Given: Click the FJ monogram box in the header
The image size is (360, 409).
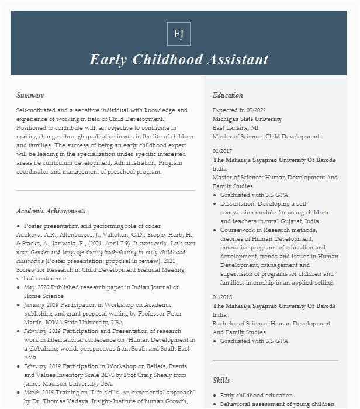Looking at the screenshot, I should point(179,34).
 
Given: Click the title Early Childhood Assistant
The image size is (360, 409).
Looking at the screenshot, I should point(179,60).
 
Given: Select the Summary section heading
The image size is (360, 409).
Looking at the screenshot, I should point(30,95).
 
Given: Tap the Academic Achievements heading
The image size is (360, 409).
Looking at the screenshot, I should point(51,211).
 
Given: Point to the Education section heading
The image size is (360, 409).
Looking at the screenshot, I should point(227,95).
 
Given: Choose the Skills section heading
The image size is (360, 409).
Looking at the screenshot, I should point(221,380).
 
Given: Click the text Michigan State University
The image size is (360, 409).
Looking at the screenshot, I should point(247,119).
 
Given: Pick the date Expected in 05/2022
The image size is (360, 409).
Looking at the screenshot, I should point(239,110).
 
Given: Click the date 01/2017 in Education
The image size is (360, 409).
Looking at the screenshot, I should point(222,151).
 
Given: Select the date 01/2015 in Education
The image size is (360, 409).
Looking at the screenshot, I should point(222,297).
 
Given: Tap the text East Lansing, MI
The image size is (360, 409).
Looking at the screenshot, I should point(236,128).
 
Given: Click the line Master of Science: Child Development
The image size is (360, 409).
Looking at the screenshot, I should point(266,137).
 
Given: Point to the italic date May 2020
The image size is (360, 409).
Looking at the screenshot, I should point(36,287).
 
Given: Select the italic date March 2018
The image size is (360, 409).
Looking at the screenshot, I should point(40,393).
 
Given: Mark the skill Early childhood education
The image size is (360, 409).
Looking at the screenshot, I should point(257,396).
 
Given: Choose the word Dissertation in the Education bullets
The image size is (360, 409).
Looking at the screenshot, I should point(237,204).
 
